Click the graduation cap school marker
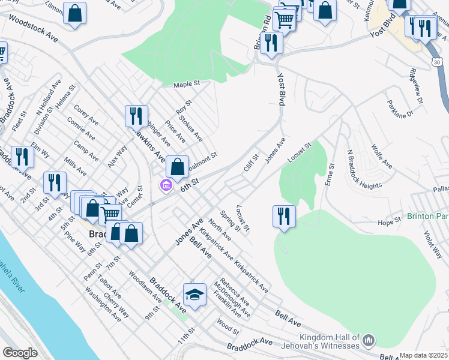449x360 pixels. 194,295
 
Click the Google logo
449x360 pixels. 20,353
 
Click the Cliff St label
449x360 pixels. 252,163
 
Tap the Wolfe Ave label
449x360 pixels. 382,155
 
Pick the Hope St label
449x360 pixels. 390,222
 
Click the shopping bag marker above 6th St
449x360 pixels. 178,168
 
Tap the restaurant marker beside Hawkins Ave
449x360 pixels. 136,116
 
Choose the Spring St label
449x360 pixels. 231,220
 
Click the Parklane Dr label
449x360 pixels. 401,109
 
